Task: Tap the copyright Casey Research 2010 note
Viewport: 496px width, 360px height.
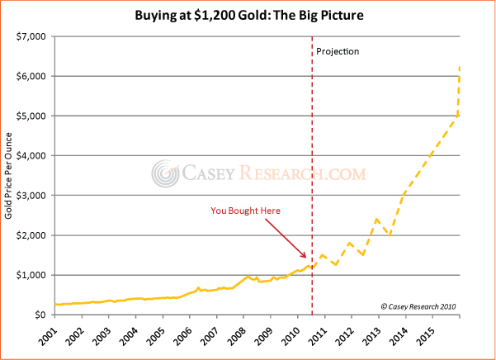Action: [418, 306]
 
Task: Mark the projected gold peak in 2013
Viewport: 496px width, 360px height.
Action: [376, 219]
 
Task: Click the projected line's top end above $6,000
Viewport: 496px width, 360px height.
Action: [459, 66]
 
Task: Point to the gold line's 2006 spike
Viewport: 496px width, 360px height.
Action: [198, 288]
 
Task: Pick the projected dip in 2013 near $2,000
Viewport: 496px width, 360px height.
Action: [390, 234]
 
